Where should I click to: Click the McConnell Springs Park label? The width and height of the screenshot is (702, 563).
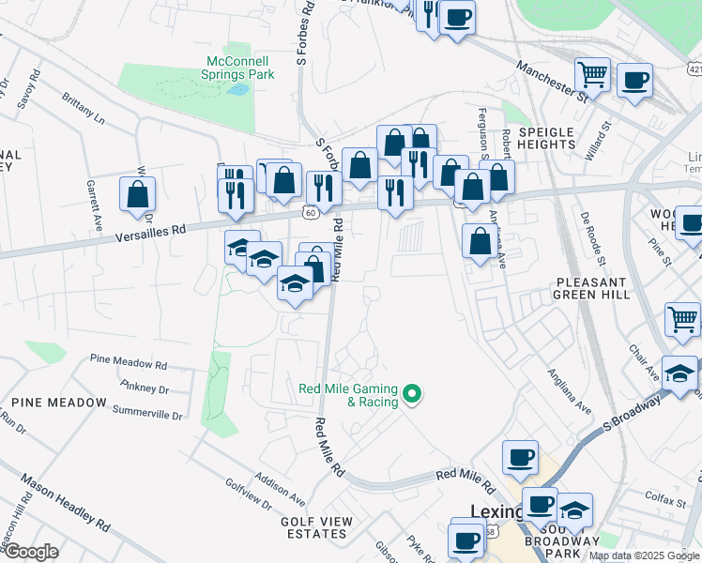(239, 68)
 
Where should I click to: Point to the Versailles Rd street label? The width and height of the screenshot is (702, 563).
(153, 229)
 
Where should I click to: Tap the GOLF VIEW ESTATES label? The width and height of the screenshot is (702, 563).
(316, 527)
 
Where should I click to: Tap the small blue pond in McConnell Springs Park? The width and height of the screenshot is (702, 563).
(238, 90)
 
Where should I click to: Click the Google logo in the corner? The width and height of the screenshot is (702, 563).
(31, 552)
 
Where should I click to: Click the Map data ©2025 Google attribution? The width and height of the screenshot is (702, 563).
(644, 555)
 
